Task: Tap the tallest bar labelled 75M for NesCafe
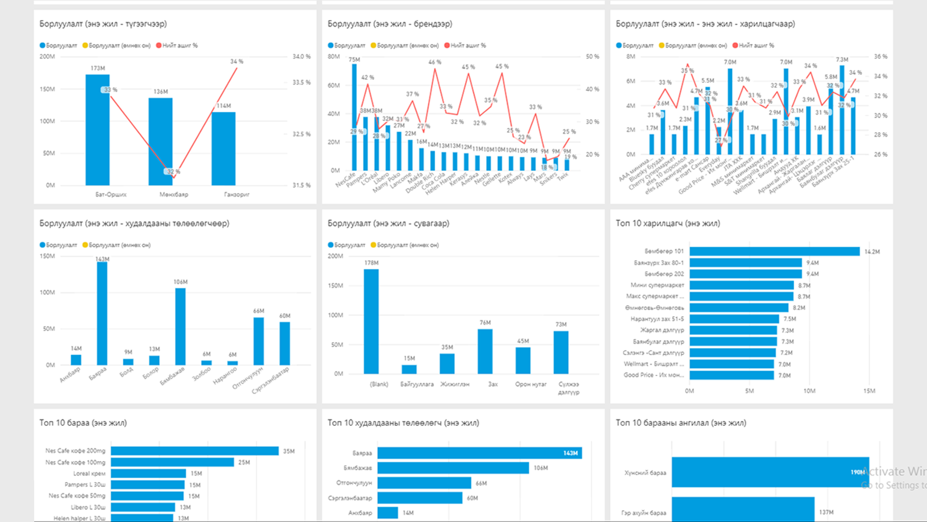(x=354, y=116)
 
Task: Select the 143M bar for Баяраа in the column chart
(x=102, y=313)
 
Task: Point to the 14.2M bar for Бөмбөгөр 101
(x=774, y=251)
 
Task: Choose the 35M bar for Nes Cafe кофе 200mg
(x=195, y=451)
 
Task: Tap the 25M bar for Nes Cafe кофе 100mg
(x=172, y=462)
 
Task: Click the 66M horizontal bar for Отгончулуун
(x=424, y=483)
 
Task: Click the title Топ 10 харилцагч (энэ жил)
(x=667, y=223)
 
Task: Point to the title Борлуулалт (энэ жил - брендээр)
(x=390, y=24)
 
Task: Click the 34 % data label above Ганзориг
(x=236, y=61)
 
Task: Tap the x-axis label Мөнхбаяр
(x=174, y=195)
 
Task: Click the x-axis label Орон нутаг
(x=531, y=384)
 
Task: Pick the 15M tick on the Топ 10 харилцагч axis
(x=869, y=391)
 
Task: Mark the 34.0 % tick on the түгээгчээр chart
(x=301, y=57)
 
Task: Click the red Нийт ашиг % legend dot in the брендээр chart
(x=446, y=45)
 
